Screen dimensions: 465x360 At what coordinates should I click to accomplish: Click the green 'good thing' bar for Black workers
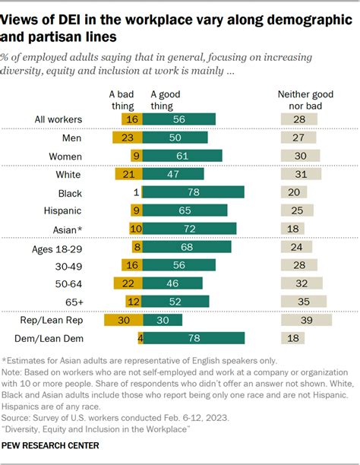pyautogui.click(x=193, y=191)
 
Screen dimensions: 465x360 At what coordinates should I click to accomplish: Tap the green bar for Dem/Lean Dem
pyautogui.click(x=193, y=338)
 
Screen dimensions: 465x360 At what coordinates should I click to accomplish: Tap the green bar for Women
pyautogui.click(x=182, y=155)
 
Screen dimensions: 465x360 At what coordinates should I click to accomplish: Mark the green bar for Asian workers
pyautogui.click(x=189, y=228)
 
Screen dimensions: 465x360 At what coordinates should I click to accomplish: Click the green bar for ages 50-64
pyautogui.click(x=172, y=283)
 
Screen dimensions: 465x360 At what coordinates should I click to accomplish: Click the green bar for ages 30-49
pyautogui.click(x=179, y=264)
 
